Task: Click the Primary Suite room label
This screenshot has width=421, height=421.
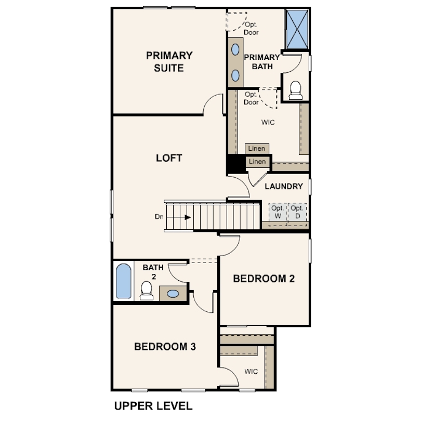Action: pyautogui.click(x=169, y=61)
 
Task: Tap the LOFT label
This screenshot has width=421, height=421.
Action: pyautogui.click(x=169, y=158)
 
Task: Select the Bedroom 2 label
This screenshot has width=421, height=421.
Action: pyautogui.click(x=264, y=279)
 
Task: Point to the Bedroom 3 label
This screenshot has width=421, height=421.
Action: pyautogui.click(x=165, y=346)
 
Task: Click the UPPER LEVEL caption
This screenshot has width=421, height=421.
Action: pyautogui.click(x=153, y=406)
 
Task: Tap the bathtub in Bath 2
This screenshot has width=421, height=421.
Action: pyautogui.click(x=124, y=281)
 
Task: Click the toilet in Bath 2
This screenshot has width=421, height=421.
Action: pyautogui.click(x=147, y=291)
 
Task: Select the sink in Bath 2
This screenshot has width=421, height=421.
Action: pyautogui.click(x=173, y=294)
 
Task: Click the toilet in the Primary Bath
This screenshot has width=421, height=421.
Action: pyautogui.click(x=296, y=90)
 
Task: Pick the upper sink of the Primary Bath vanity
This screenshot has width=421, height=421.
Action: pyautogui.click(x=235, y=50)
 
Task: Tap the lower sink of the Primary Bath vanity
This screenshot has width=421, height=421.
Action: pyautogui.click(x=235, y=75)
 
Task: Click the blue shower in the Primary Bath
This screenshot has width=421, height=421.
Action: pyautogui.click(x=297, y=30)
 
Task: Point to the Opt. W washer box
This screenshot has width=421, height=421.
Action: pyautogui.click(x=278, y=212)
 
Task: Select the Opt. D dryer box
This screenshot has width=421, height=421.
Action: pyautogui.click(x=297, y=212)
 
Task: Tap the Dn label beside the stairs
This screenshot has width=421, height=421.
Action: pyautogui.click(x=159, y=216)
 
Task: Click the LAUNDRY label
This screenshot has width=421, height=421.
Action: pyautogui.click(x=284, y=187)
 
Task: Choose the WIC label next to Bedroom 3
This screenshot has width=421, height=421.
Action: pyautogui.click(x=251, y=371)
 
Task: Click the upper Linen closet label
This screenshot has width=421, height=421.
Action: pyautogui.click(x=257, y=149)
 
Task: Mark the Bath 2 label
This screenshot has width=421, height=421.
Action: pyautogui.click(x=153, y=272)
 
